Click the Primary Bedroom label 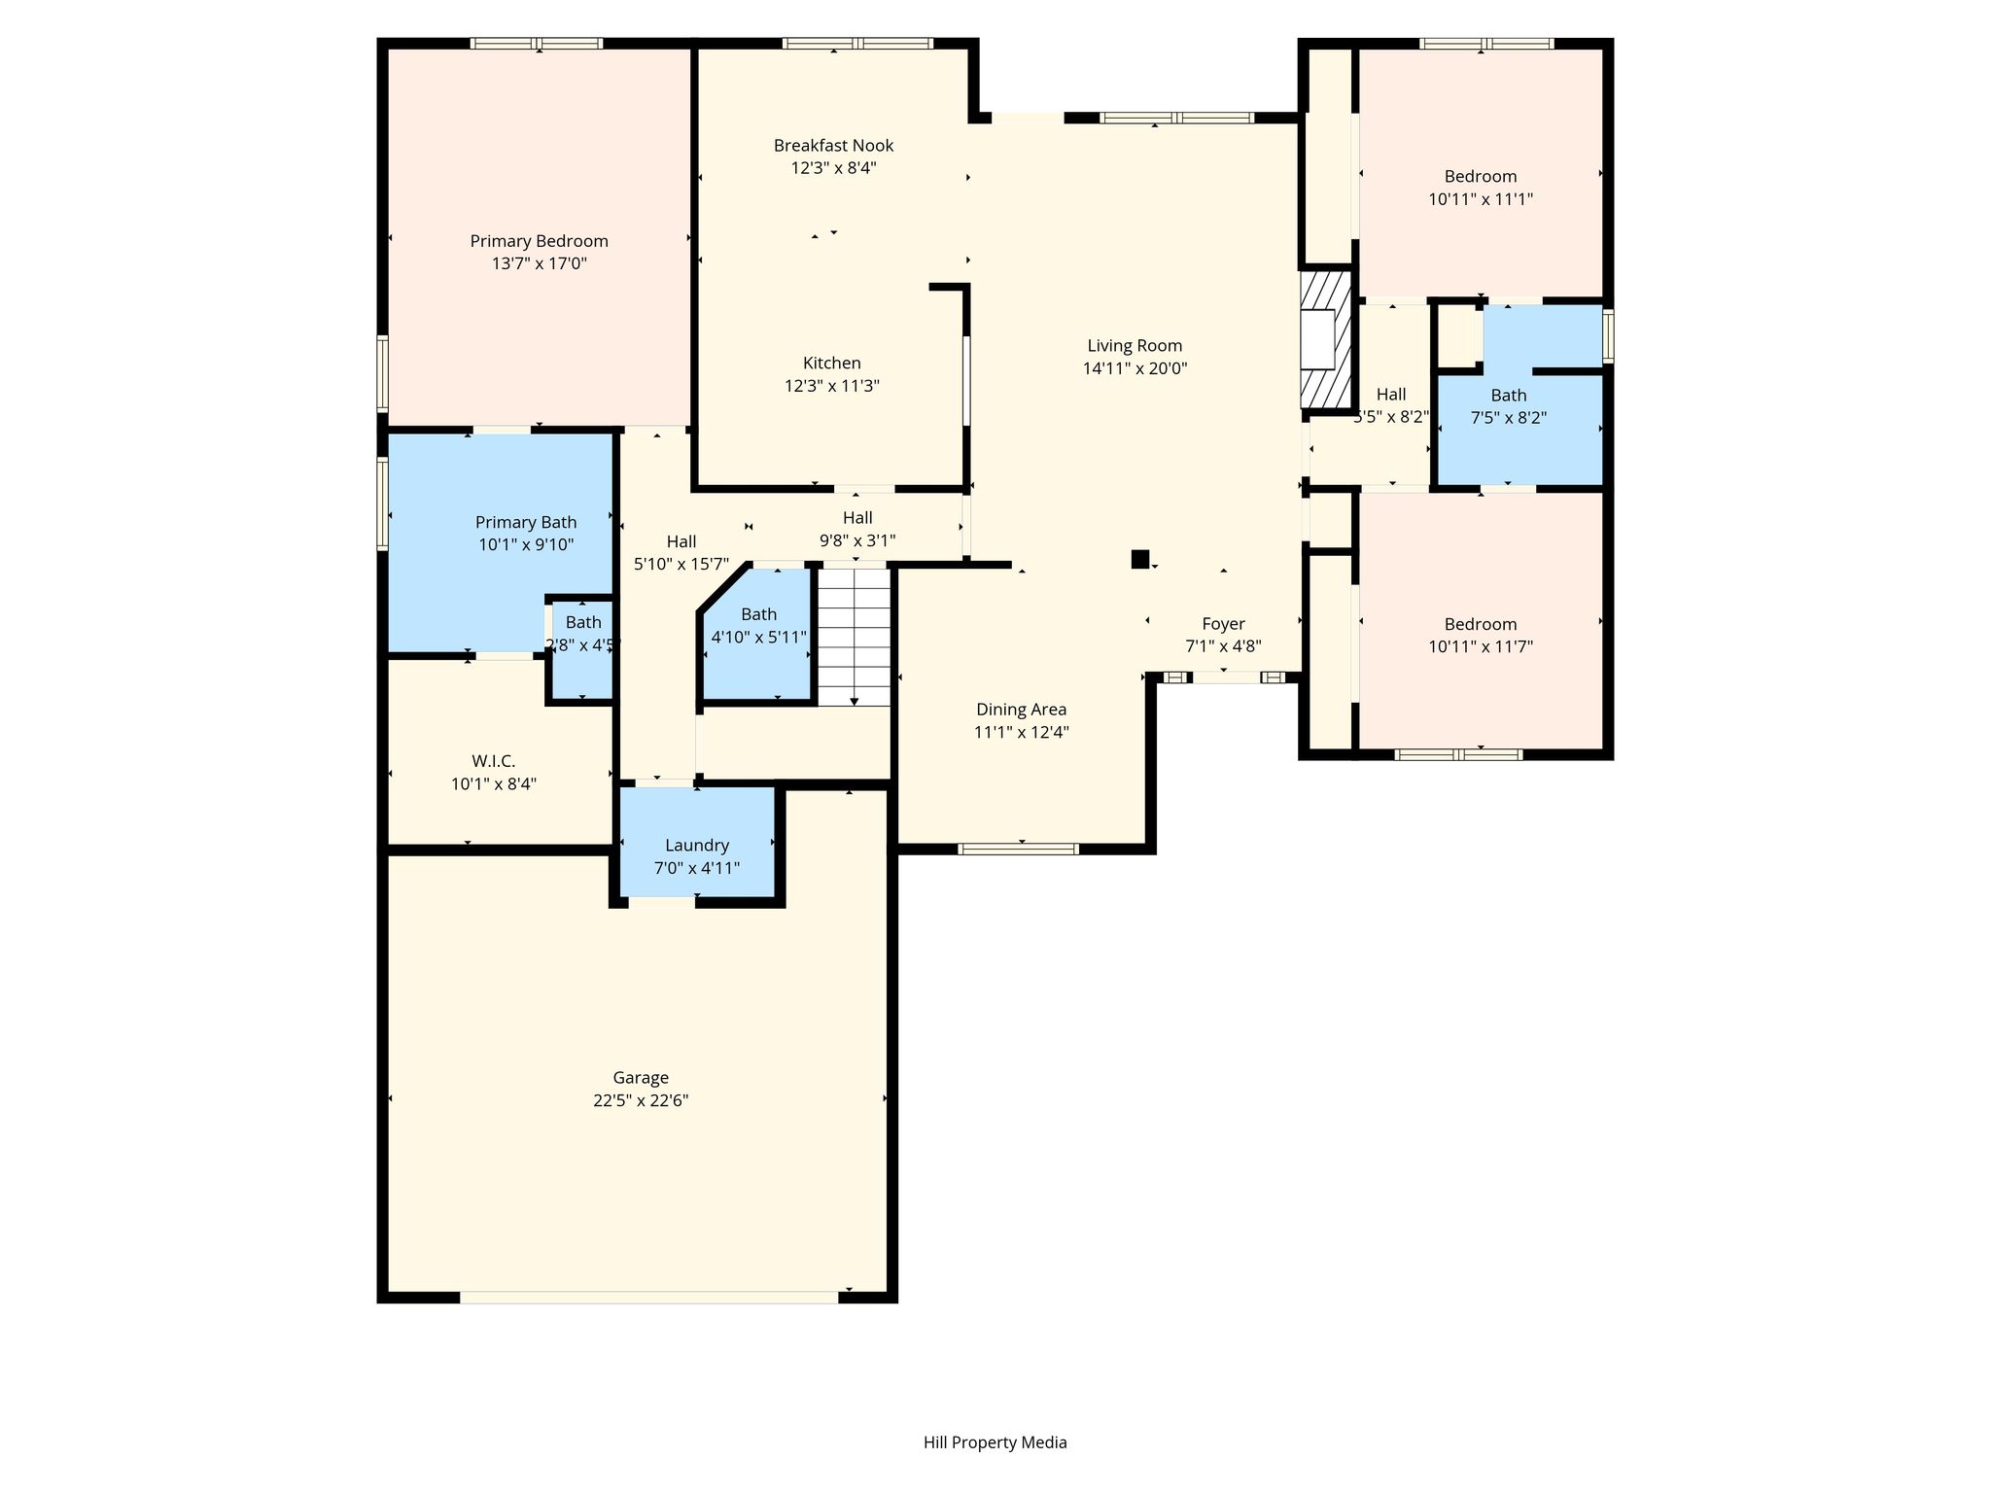coord(539,241)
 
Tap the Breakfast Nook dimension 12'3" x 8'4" coord(833,167)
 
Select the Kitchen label coord(832,363)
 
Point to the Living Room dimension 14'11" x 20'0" coord(1135,368)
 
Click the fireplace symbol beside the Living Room coord(1326,338)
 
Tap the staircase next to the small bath coord(854,637)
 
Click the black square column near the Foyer coord(1140,559)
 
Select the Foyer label coord(1223,624)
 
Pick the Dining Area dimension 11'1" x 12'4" coord(1022,732)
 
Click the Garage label coord(641,1078)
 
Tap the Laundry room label coord(697,846)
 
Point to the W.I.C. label coord(494,761)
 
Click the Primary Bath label coord(526,522)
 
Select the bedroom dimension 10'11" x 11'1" coord(1481,199)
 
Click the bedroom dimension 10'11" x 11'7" coord(1481,646)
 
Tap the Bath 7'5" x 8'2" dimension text coord(1509,418)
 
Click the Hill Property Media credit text coord(995,1442)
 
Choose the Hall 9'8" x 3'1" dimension coord(857,540)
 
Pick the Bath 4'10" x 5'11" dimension coord(759,638)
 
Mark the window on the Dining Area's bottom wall coord(1018,849)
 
